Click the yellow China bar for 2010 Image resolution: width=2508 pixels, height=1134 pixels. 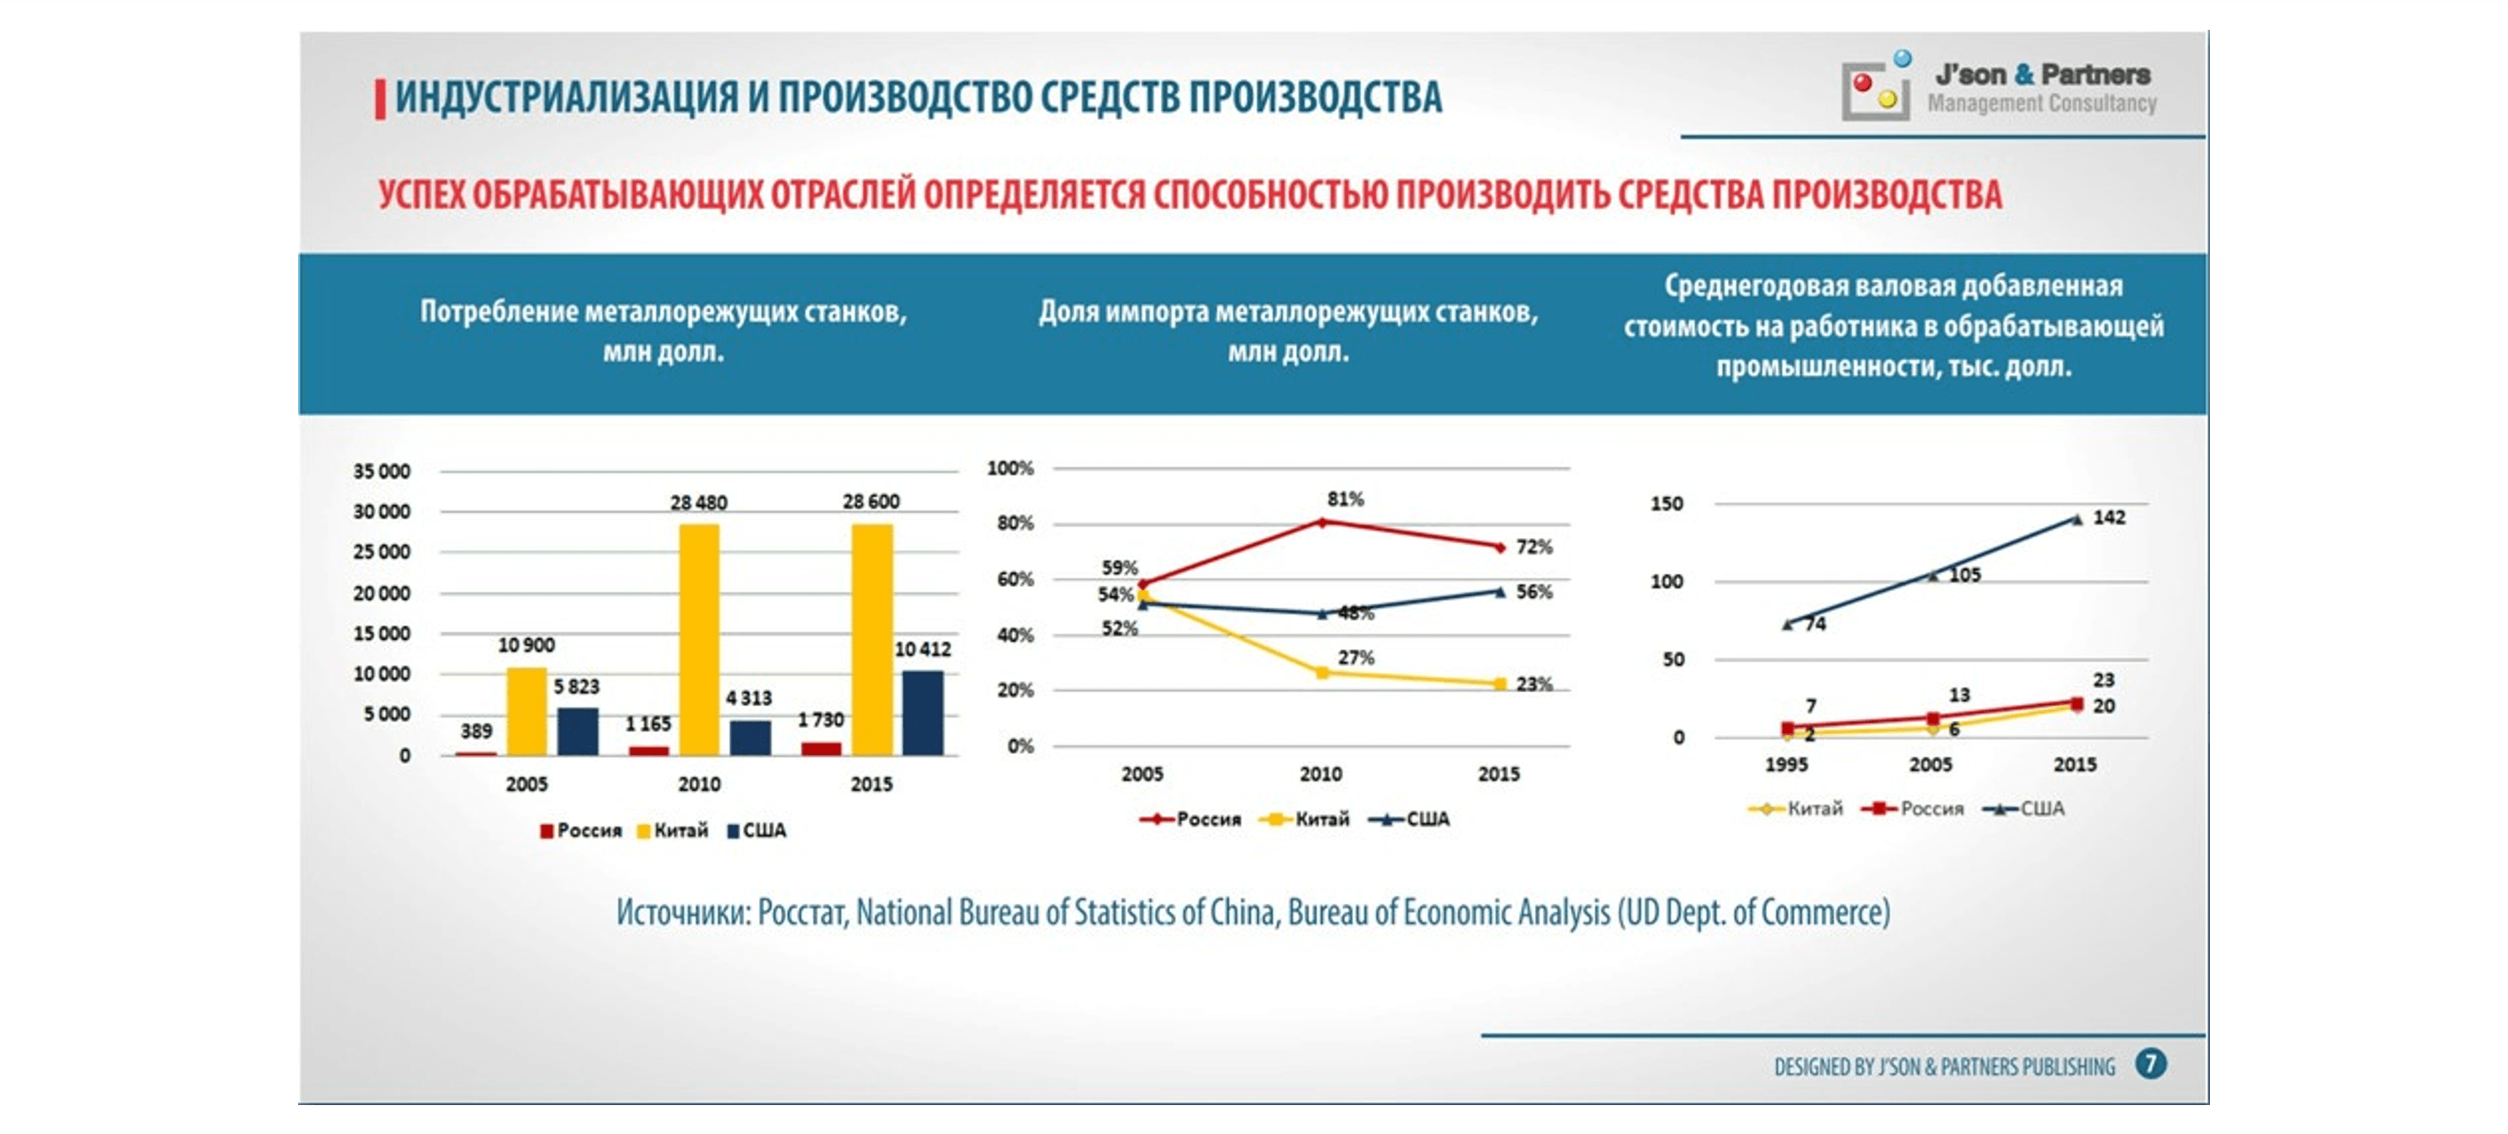699,640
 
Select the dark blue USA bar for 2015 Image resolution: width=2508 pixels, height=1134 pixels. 922,713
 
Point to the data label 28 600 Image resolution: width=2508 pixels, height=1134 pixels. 871,502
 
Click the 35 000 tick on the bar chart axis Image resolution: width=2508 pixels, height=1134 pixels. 382,471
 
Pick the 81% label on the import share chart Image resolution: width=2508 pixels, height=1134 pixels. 1345,499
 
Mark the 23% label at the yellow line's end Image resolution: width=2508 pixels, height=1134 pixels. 1534,685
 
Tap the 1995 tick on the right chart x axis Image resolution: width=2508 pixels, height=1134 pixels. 1787,765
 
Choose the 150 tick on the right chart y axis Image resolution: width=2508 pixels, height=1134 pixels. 1667,504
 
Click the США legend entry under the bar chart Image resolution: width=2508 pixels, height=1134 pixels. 757,831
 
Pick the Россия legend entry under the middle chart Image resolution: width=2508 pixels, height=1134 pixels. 1191,819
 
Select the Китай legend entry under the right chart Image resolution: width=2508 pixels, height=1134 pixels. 1796,809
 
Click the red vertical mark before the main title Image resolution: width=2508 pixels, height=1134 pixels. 380,99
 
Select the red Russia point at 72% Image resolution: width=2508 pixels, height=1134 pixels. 1500,547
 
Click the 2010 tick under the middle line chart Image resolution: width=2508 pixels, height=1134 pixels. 1321,775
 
